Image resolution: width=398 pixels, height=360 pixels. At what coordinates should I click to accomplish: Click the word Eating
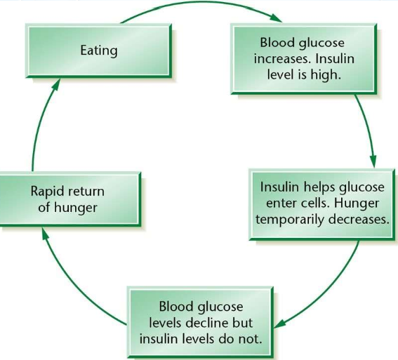point(99,51)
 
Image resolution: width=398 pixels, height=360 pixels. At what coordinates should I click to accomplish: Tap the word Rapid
point(47,192)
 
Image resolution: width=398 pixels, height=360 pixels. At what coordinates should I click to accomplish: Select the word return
point(86,192)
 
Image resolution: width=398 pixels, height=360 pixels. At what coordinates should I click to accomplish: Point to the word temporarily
point(290,220)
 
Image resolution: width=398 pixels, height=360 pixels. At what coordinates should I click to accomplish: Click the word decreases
point(359,219)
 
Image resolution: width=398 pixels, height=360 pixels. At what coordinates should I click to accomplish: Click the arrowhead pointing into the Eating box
point(56,84)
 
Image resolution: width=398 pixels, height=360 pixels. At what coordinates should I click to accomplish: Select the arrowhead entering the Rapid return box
point(46,233)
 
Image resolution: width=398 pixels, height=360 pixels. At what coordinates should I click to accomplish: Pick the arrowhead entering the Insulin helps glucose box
point(373,161)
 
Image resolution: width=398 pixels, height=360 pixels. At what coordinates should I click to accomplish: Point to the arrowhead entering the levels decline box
point(280,324)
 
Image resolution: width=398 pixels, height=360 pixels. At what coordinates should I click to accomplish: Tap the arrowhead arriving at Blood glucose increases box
point(276,18)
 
